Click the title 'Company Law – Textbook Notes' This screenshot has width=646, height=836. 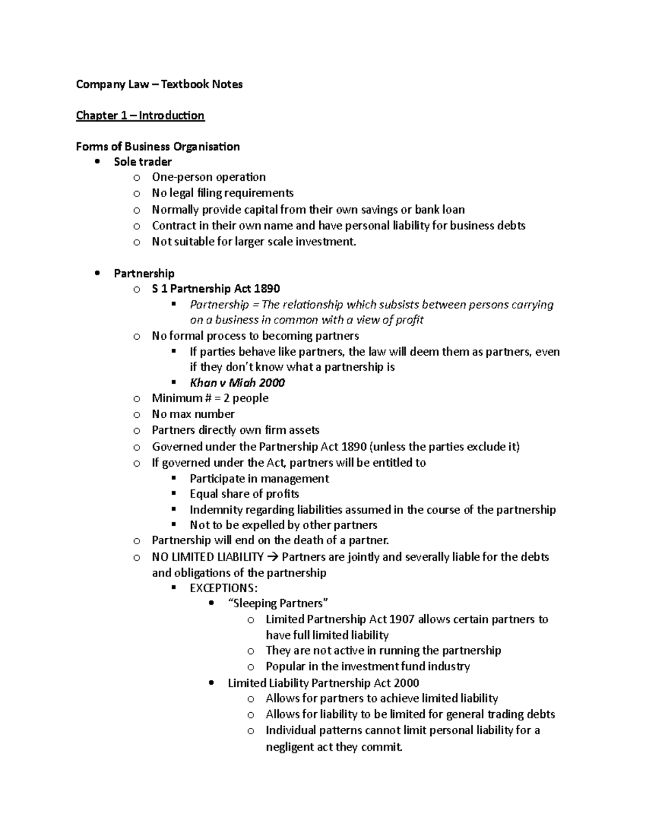tap(159, 84)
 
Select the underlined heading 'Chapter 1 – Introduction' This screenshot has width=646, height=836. tap(140, 115)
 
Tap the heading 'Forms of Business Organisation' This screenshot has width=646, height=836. tap(158, 146)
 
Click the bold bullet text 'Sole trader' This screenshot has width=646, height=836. tap(143, 161)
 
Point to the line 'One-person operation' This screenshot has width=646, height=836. tap(208, 177)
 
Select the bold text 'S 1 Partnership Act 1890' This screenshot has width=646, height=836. tap(216, 289)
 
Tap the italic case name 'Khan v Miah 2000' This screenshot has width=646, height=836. tap(237, 383)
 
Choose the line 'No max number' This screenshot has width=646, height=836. tap(193, 414)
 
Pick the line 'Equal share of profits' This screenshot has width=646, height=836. tap(244, 494)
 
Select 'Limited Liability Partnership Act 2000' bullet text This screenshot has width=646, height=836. tap(323, 683)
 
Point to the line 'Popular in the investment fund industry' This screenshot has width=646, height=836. tap(368, 666)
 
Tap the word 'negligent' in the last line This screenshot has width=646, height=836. tap(290, 747)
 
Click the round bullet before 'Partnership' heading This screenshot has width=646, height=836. tap(97, 273)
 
